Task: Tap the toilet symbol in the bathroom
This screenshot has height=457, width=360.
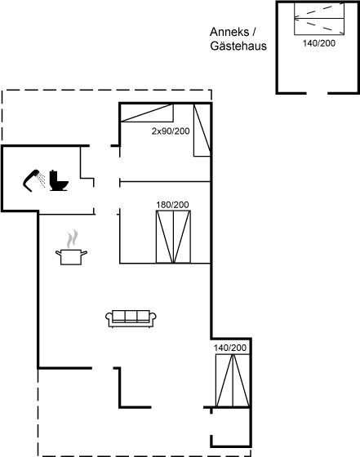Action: pyautogui.click(x=59, y=180)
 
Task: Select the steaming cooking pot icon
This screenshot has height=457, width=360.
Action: pyautogui.click(x=71, y=247)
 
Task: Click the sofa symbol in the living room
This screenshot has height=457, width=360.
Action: pyautogui.click(x=131, y=318)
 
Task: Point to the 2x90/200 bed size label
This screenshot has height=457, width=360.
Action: pyautogui.click(x=171, y=131)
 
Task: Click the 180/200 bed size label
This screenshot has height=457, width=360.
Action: pyautogui.click(x=172, y=205)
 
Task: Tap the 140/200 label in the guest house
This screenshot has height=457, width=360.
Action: pyautogui.click(x=319, y=43)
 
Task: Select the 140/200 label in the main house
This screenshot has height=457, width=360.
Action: pyautogui.click(x=230, y=348)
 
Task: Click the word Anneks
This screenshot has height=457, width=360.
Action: pyautogui.click(x=229, y=32)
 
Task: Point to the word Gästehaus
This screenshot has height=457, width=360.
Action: pyautogui.click(x=238, y=46)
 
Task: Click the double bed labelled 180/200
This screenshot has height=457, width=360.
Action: pyautogui.click(x=173, y=237)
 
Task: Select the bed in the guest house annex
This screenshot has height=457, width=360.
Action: pyautogui.click(x=319, y=19)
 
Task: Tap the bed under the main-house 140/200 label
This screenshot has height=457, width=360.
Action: pyautogui.click(x=233, y=380)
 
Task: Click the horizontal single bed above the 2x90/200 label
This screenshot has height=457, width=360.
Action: pyautogui.click(x=147, y=113)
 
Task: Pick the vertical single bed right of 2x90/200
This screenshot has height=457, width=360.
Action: pyautogui.click(x=202, y=131)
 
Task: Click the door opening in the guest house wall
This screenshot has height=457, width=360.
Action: pyautogui.click(x=318, y=93)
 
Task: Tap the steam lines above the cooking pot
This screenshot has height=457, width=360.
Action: pyautogui.click(x=73, y=238)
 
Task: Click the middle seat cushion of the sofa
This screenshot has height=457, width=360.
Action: pyautogui.click(x=131, y=316)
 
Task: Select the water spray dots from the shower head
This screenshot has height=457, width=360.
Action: pyautogui.click(x=42, y=180)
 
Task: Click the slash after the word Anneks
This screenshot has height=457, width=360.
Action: pyautogui.click(x=254, y=32)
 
